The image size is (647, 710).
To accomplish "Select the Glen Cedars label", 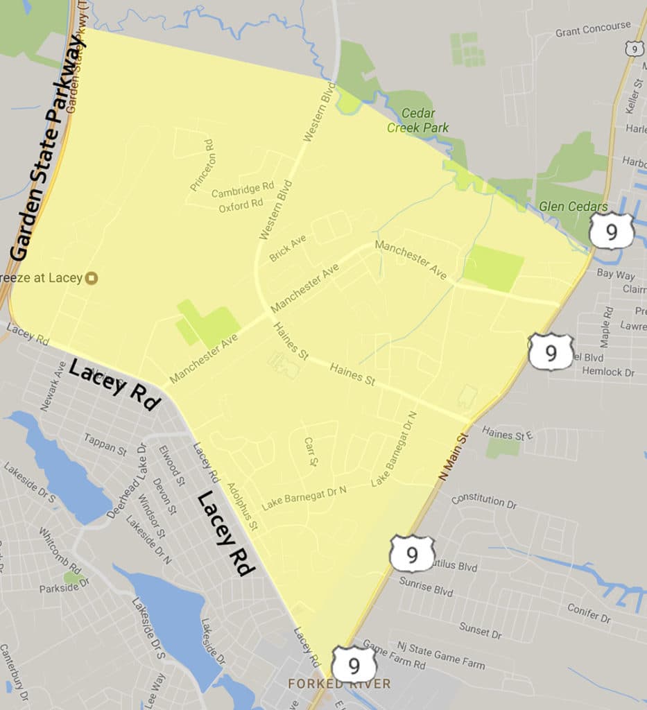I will [574, 207].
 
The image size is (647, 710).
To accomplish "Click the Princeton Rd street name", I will [203, 165].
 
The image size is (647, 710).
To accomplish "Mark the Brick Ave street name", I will [288, 247].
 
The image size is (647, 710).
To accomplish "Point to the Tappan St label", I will [105, 444].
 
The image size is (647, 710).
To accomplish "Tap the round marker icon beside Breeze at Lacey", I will [92, 279].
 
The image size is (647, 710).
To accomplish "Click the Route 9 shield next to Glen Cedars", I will [612, 232].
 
